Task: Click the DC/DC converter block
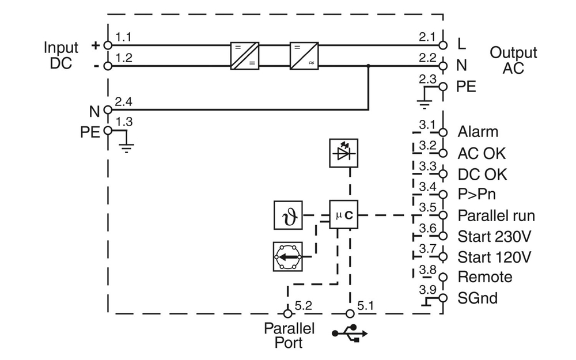pyautogui.click(x=245, y=55)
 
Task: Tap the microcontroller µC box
pyautogui.click(x=343, y=215)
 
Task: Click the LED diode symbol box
pyautogui.click(x=343, y=153)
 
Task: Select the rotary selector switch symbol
pyautogui.click(x=287, y=256)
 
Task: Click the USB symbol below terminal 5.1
pyautogui.click(x=349, y=334)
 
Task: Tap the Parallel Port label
pyautogui.click(x=289, y=335)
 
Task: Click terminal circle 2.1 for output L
pyautogui.click(x=442, y=44)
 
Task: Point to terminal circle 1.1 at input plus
pyautogui.click(x=108, y=44)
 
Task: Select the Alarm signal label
pyautogui.click(x=478, y=132)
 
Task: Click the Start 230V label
pyautogui.click(x=494, y=236)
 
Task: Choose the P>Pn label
pyautogui.click(x=476, y=195)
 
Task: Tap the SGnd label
pyautogui.click(x=478, y=298)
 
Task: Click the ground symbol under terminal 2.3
pyautogui.click(x=425, y=103)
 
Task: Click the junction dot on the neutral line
pyautogui.click(x=369, y=66)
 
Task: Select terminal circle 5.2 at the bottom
pyautogui.click(x=287, y=313)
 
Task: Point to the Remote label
pyautogui.click(x=484, y=277)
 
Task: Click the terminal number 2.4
pyautogui.click(x=123, y=102)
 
